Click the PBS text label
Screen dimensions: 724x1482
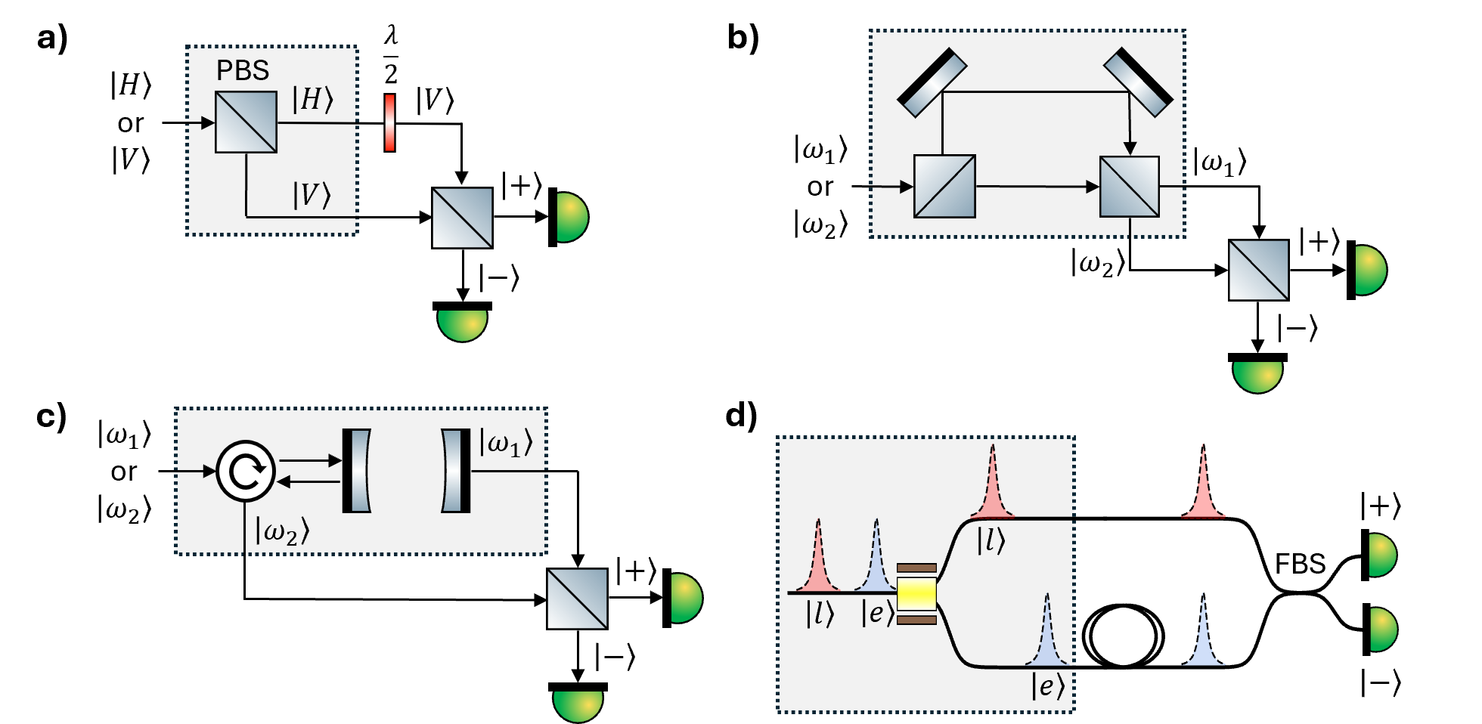tap(243, 70)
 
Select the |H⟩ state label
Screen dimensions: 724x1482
tap(312, 100)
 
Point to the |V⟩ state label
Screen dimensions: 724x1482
tap(312, 195)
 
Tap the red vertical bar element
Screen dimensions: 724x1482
tap(389, 122)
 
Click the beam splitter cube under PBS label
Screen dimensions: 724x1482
tap(246, 122)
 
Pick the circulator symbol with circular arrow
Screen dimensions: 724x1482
tap(246, 471)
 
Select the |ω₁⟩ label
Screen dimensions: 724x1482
tap(506, 444)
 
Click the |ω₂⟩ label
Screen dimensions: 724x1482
tap(282, 531)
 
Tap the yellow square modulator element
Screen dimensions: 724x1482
tap(916, 594)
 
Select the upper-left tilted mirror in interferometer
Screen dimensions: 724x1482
tap(932, 83)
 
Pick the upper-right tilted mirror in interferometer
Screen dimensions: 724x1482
tap(1138, 82)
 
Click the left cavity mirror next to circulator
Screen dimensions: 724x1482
tap(356, 471)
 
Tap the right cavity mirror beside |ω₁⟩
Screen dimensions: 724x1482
tap(456, 471)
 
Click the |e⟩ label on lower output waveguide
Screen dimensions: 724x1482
tap(1047, 686)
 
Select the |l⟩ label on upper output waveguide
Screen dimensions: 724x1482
tap(991, 540)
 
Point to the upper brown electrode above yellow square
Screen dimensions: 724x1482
tap(916, 568)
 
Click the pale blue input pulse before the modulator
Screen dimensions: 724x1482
tap(876, 559)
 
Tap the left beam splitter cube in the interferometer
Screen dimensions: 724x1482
tap(944, 186)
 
